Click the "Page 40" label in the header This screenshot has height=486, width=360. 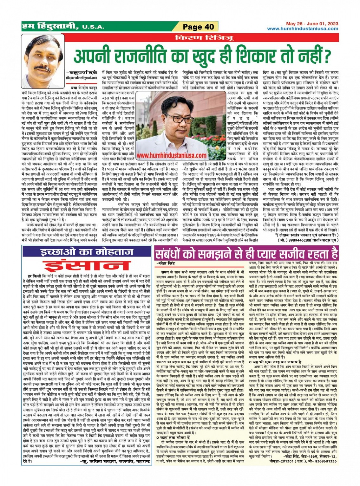[x=199, y=27]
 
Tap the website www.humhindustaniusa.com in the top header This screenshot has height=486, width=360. [x=303, y=29]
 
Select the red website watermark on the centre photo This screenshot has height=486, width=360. [x=173, y=155]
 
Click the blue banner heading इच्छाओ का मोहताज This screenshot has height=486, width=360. [x=87, y=253]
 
